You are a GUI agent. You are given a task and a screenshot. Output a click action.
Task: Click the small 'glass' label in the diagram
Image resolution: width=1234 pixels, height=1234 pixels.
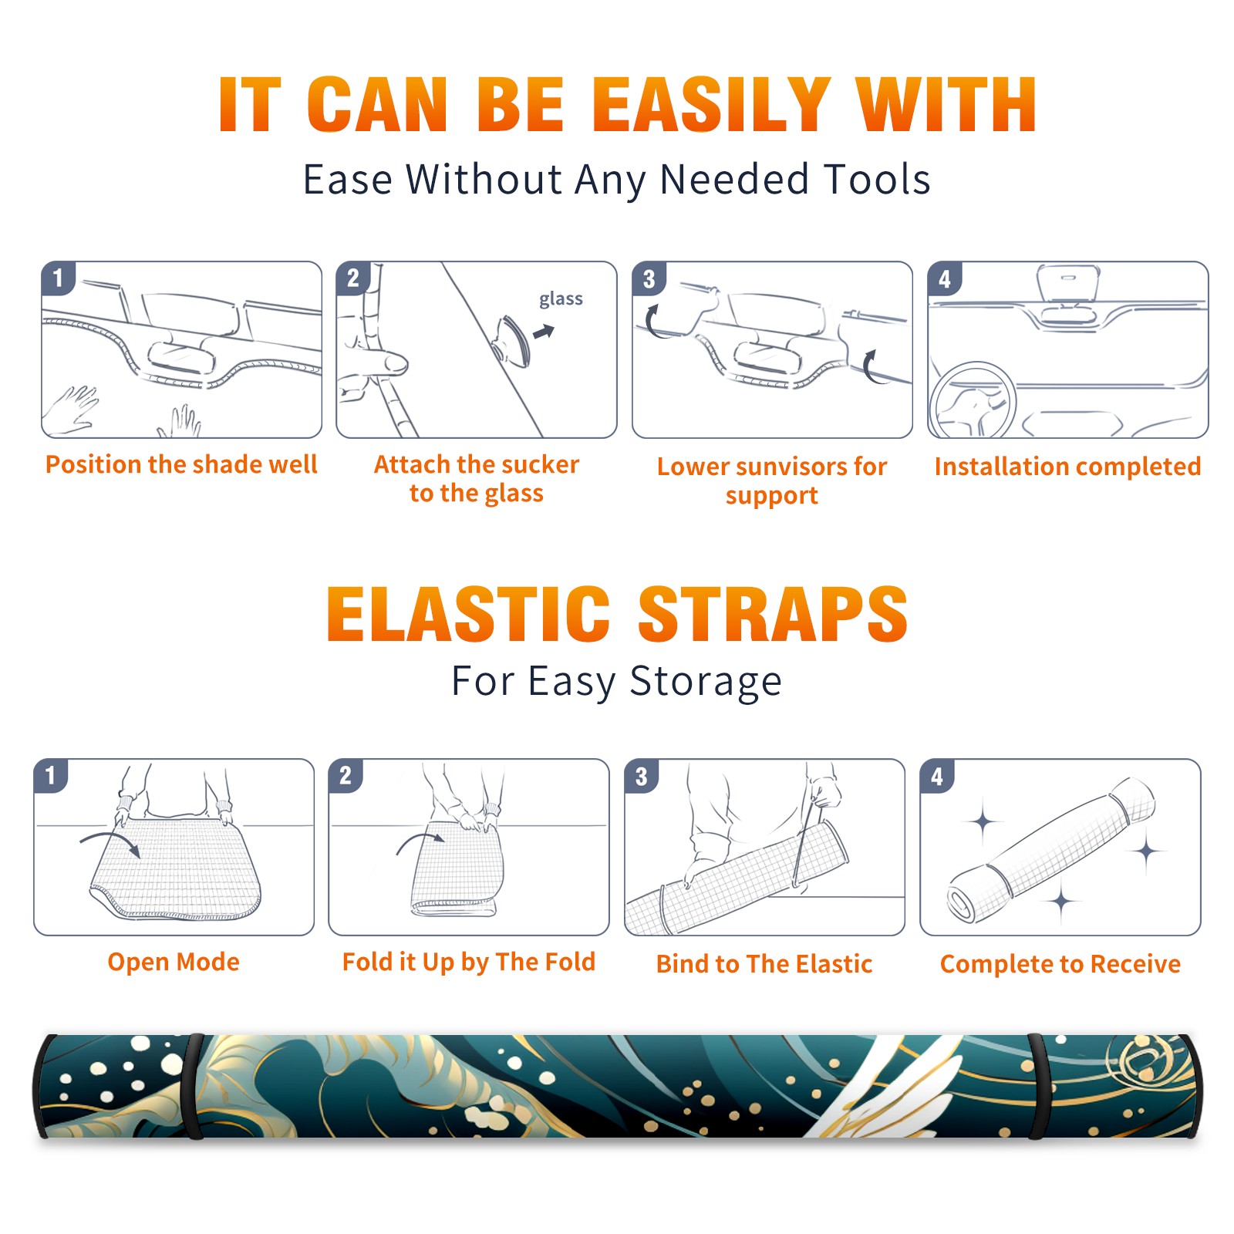point(561,298)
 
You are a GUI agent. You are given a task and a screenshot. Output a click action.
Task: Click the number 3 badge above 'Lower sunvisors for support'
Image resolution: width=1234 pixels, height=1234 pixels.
point(649,279)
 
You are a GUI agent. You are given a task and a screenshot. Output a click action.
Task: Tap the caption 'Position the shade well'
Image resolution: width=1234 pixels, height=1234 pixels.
point(181,464)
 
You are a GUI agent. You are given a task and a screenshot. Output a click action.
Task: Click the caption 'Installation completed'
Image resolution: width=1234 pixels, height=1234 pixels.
point(1067,467)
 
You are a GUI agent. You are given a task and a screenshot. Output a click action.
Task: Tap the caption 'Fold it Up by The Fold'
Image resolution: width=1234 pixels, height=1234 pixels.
point(469,962)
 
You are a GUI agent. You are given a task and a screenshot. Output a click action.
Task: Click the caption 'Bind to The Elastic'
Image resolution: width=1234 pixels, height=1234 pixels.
point(764,964)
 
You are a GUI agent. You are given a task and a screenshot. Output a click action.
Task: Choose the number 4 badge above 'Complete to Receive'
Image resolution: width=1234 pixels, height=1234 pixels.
point(937,777)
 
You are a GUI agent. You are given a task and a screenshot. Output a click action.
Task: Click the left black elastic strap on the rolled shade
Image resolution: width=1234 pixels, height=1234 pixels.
point(193,1087)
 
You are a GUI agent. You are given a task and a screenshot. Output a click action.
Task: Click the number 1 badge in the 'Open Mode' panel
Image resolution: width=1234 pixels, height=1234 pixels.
point(51,776)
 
